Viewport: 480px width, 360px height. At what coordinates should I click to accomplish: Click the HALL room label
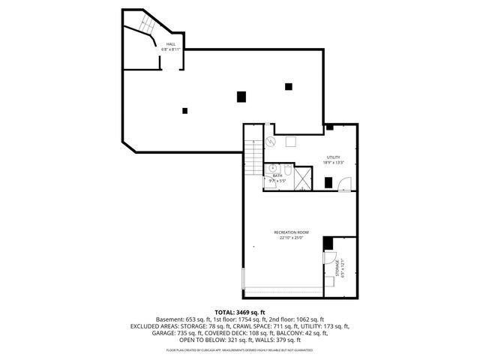[170, 44]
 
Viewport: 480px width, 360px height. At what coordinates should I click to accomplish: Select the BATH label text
[277, 175]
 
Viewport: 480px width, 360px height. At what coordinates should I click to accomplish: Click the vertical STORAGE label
[343, 268]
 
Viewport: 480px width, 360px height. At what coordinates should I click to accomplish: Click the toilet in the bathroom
[274, 168]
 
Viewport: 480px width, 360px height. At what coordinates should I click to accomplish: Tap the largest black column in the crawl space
[241, 96]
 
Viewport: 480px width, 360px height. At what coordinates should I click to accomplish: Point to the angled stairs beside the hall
[142, 26]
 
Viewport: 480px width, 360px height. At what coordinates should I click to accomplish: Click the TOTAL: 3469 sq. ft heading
[240, 312]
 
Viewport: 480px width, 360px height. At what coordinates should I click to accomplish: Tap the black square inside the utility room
[328, 181]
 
